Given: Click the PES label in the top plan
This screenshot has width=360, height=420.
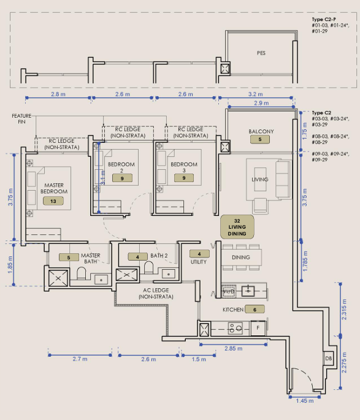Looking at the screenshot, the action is click(x=261, y=53).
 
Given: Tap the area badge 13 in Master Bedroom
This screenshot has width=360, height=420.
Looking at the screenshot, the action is click(x=53, y=201).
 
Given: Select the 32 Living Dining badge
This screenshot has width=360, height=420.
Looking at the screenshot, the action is click(x=237, y=227).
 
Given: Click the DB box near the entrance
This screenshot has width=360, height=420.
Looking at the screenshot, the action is click(x=328, y=358).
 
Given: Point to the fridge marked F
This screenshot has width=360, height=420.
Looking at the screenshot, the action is click(x=258, y=327).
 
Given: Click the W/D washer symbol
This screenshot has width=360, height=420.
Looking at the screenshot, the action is click(x=229, y=291).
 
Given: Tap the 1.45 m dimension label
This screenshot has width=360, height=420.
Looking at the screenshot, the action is click(x=305, y=401).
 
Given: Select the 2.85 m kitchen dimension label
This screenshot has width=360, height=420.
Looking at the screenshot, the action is click(x=233, y=348).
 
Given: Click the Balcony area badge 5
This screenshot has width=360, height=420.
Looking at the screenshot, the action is click(x=260, y=139).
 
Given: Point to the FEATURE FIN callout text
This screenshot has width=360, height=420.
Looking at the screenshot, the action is click(x=21, y=119).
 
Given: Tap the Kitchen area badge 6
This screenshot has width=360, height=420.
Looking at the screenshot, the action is click(x=255, y=310).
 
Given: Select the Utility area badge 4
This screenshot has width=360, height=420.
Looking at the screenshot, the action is click(x=199, y=254).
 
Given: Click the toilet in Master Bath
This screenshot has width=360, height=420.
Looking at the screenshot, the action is click(x=82, y=273).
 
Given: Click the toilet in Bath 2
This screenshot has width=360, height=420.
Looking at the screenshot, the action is click(x=148, y=267).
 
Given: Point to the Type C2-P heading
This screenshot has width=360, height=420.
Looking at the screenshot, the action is click(x=324, y=19).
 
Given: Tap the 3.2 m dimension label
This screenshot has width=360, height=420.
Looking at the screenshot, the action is click(x=255, y=94).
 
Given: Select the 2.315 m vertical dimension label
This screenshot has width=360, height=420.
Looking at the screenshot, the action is click(x=344, y=310).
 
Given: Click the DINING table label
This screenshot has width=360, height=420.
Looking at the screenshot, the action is click(x=241, y=257).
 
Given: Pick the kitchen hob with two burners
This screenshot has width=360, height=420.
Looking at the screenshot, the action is click(x=235, y=328).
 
